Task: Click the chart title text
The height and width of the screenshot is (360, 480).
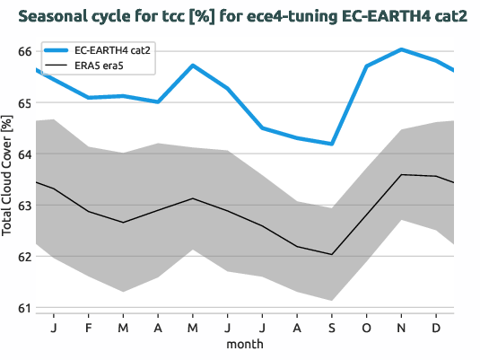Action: coord(242,17)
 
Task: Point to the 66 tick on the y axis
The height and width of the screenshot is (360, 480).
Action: coord(24,52)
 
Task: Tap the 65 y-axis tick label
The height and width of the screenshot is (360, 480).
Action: coord(24,103)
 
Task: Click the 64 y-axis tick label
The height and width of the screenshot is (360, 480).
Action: coord(24,154)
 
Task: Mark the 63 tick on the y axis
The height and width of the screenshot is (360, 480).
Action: coord(24,206)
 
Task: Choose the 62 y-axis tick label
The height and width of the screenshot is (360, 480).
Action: coord(24,257)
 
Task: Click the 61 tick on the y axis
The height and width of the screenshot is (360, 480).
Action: coord(24,308)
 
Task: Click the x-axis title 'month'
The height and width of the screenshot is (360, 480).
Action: coord(245,345)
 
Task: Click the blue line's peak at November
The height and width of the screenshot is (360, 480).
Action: coord(401,49)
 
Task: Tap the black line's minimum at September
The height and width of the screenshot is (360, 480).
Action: coord(332,254)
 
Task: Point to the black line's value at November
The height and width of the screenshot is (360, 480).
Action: coord(401,174)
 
